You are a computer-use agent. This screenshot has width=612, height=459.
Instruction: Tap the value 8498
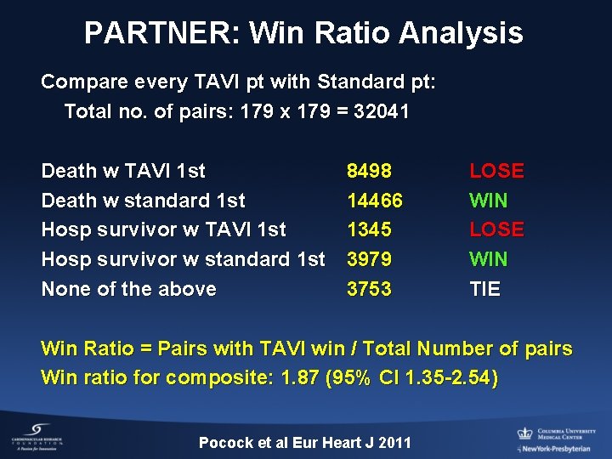[369, 171]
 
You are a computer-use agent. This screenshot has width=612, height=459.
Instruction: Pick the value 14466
[374, 201]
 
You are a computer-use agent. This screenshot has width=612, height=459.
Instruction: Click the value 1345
[369, 229]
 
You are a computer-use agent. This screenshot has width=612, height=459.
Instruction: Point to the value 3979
[369, 259]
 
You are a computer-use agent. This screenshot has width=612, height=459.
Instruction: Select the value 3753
[369, 289]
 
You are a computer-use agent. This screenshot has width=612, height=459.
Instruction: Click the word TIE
[484, 289]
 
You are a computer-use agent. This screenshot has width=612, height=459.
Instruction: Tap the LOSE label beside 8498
[496, 171]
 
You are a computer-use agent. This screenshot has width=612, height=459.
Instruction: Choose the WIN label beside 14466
[488, 201]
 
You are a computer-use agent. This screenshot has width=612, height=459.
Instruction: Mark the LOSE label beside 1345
[496, 229]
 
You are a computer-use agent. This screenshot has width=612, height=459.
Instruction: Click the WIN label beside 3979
[488, 259]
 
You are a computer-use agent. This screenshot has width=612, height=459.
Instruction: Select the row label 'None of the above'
[128, 289]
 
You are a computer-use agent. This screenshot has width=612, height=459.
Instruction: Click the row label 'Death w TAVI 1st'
[123, 171]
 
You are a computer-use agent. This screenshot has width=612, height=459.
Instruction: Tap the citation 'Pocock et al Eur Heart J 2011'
[304, 442]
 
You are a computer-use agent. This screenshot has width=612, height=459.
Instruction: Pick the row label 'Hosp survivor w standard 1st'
[183, 259]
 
